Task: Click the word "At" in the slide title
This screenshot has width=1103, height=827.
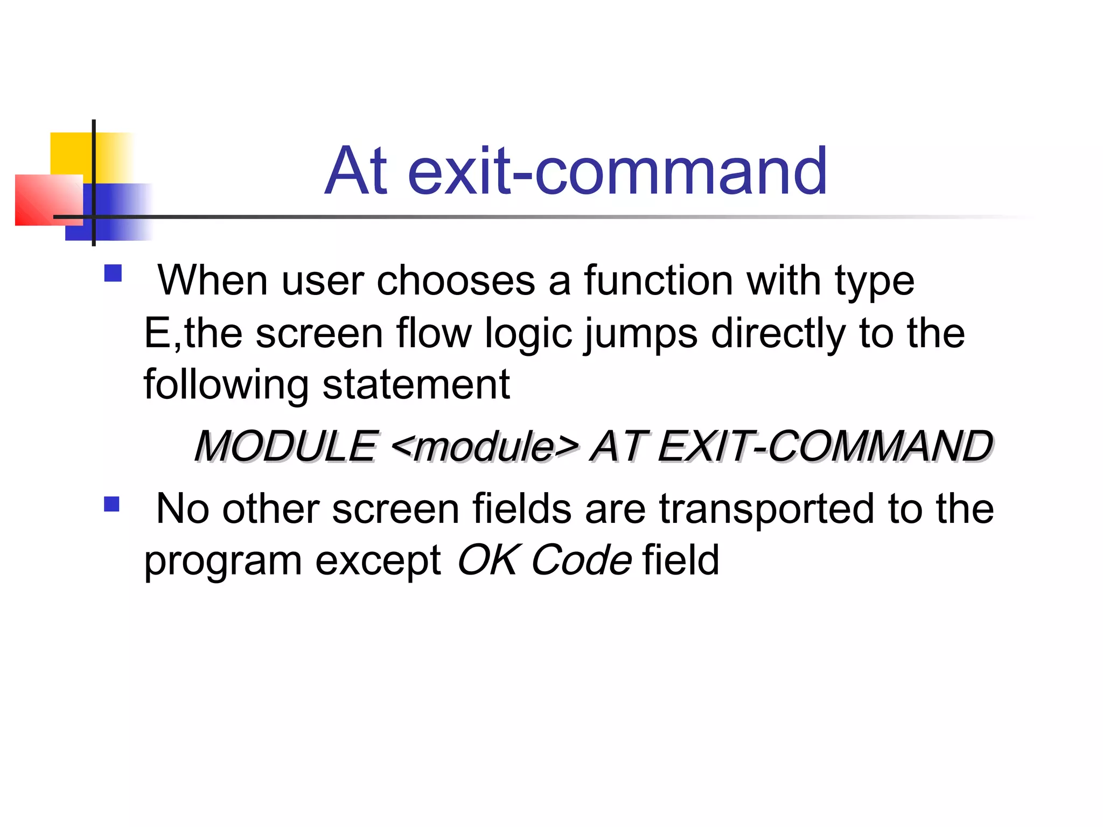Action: coord(356,171)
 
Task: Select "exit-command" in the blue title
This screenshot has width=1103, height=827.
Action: coord(617,171)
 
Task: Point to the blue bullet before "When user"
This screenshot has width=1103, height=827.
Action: coord(113,273)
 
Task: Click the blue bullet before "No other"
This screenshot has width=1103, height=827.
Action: coord(112,504)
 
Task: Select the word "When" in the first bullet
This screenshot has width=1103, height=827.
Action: coord(212,281)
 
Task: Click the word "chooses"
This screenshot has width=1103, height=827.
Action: coord(456,281)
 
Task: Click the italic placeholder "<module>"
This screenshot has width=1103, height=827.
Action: coord(485,447)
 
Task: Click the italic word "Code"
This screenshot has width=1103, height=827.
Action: coord(582,560)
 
